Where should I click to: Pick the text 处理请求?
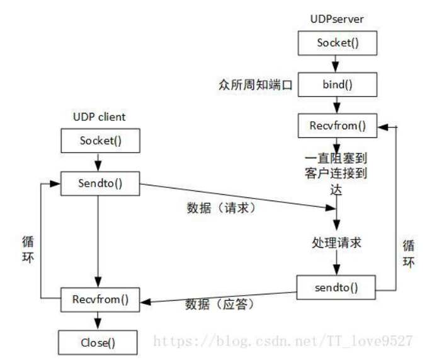pos(337,243)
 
